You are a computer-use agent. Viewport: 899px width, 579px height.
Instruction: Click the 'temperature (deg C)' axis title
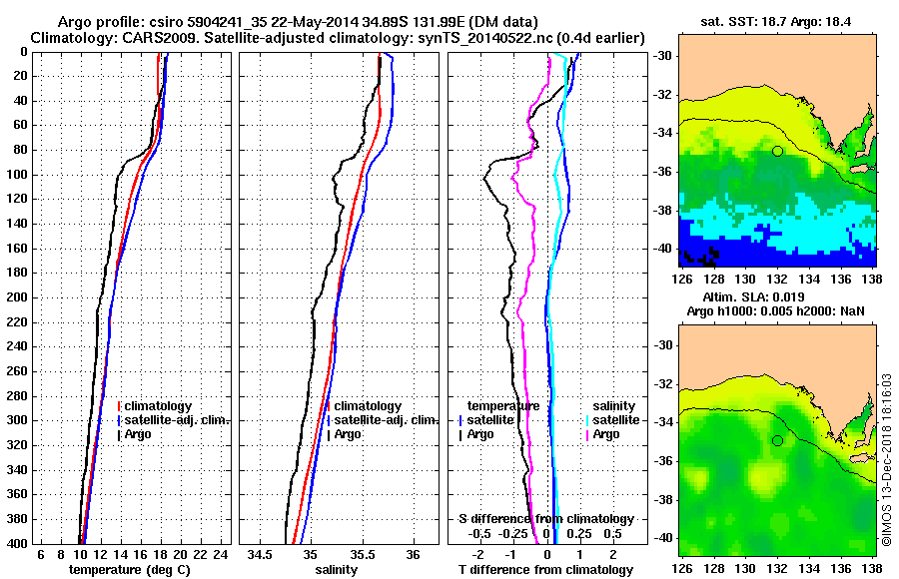131,570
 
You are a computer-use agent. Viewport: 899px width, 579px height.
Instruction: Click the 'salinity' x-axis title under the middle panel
338,570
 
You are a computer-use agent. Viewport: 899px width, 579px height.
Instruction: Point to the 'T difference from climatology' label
545,570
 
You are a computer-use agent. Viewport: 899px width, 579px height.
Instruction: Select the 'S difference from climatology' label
545,519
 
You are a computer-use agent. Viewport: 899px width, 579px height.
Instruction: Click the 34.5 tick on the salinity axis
262,554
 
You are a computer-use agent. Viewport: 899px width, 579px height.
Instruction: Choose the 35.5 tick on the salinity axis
361,554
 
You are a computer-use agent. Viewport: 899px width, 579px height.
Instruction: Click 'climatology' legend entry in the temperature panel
158,406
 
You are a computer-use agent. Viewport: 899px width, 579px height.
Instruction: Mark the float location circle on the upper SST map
777,151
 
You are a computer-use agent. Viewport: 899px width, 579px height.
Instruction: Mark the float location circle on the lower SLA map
777,440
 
